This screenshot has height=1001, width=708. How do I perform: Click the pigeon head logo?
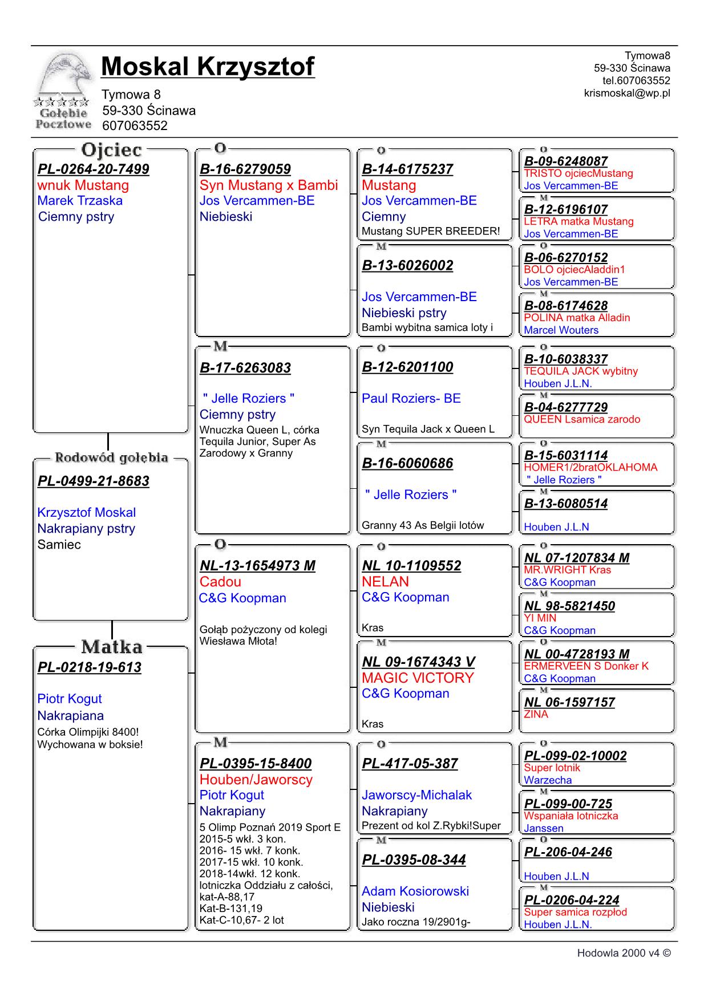click(x=64, y=77)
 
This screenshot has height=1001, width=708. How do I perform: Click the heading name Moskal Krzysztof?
click(x=208, y=67)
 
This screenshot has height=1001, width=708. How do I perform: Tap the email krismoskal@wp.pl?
click(x=627, y=93)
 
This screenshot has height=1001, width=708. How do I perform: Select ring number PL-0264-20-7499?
click(x=94, y=169)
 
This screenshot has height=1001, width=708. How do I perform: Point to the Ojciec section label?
click(x=111, y=150)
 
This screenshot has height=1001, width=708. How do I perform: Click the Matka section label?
click(x=112, y=647)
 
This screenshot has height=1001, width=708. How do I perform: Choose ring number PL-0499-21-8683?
click(x=94, y=481)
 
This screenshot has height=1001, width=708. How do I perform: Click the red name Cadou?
click(x=220, y=582)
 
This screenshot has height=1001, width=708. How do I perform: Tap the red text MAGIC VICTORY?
click(x=418, y=678)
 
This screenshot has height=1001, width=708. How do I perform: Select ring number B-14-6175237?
click(x=407, y=169)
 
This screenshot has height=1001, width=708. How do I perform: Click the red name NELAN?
click(x=385, y=582)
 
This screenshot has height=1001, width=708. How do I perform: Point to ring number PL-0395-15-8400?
click(x=256, y=764)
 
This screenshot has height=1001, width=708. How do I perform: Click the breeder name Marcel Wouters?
click(x=561, y=330)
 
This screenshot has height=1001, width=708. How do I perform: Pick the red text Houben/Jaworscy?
click(x=256, y=780)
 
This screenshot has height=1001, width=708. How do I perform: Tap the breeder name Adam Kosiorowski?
click(x=415, y=891)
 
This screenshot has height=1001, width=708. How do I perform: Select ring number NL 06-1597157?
click(x=569, y=702)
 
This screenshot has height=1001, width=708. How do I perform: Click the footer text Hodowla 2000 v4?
click(x=624, y=953)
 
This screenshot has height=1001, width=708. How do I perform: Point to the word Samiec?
click(x=59, y=544)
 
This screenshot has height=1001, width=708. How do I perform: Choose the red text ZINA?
click(x=536, y=714)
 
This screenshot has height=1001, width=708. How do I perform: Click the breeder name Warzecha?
click(x=548, y=780)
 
